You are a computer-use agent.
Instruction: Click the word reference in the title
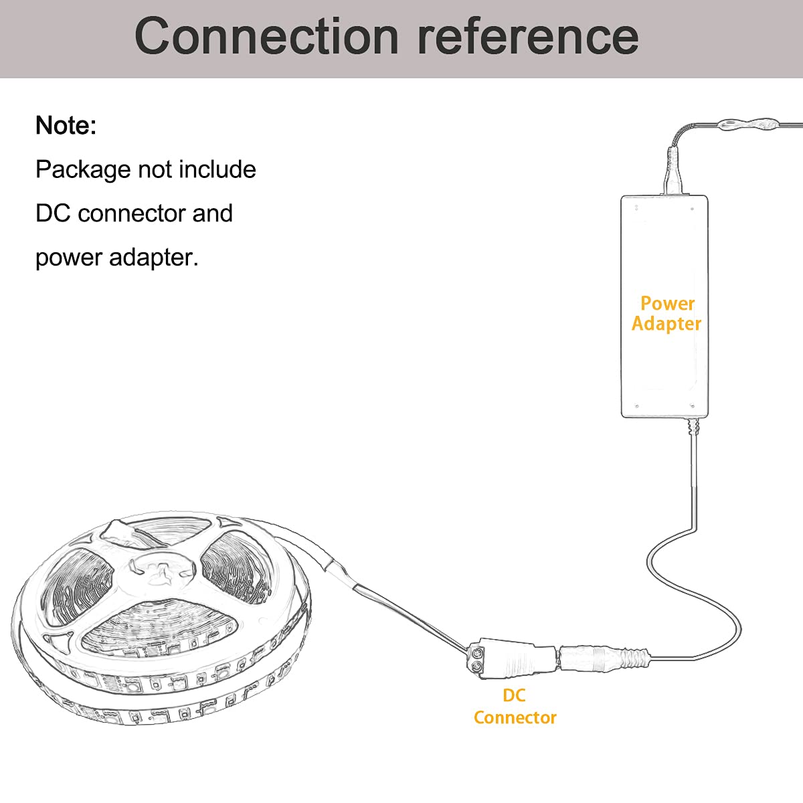click(528, 36)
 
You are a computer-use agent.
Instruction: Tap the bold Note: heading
click(66, 125)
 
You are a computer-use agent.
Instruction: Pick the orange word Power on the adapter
click(667, 304)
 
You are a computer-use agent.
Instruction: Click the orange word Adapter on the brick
click(666, 324)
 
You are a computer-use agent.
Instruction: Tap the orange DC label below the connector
click(514, 695)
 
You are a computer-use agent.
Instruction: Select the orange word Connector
click(515, 717)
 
